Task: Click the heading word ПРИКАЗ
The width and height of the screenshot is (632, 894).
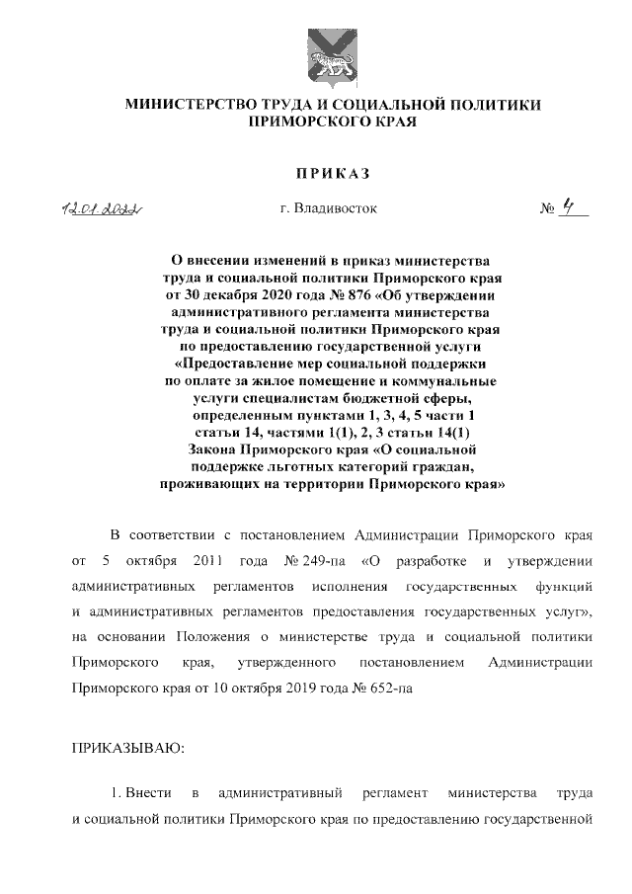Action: point(326,174)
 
